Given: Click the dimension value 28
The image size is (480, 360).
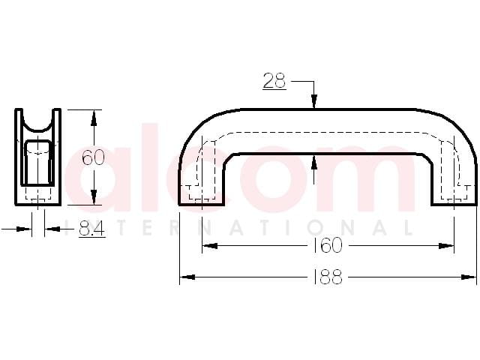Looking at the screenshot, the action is pos(274,81).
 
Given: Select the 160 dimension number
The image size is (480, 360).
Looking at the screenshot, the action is pos(328,245).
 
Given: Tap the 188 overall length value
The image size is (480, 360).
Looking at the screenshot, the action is pos(328,277).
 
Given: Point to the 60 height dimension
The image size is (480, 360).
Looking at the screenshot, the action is pos(94,157).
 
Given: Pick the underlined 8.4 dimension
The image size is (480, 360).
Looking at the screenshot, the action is pos(91,228).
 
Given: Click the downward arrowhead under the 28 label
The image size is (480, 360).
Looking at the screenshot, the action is pos(313,102).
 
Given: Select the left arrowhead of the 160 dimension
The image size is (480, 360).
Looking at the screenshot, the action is pos(210,245).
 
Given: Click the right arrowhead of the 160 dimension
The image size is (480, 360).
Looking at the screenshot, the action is pos(447,245).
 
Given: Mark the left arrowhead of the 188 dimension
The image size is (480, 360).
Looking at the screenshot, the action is pos(187,277).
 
